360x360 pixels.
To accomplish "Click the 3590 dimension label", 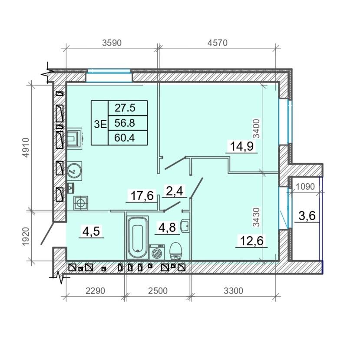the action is [x=112, y=43].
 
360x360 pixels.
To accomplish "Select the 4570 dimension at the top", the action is [x=217, y=43].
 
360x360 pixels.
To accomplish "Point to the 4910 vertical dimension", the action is [x=26, y=147].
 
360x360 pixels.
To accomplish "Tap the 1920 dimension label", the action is [x=26, y=236].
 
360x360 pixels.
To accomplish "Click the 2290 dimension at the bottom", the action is [x=95, y=291].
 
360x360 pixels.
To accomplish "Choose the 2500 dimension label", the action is [x=158, y=291].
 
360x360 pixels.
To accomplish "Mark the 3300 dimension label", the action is [x=233, y=291].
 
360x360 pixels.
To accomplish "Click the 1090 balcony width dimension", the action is [x=305, y=187].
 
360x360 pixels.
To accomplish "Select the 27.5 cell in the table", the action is [x=125, y=108].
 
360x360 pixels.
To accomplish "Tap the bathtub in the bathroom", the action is [x=137, y=238].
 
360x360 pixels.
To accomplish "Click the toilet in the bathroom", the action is [x=175, y=251].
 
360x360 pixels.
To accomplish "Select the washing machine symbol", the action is [x=157, y=252].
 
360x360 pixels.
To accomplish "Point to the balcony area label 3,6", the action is [x=307, y=216].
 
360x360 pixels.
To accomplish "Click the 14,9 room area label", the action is [x=241, y=146].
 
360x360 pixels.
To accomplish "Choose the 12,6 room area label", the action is [x=251, y=241].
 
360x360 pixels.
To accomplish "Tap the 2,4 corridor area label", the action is [x=174, y=191].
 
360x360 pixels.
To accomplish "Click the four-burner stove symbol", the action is [x=81, y=203].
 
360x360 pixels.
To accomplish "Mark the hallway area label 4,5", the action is [x=91, y=231].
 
